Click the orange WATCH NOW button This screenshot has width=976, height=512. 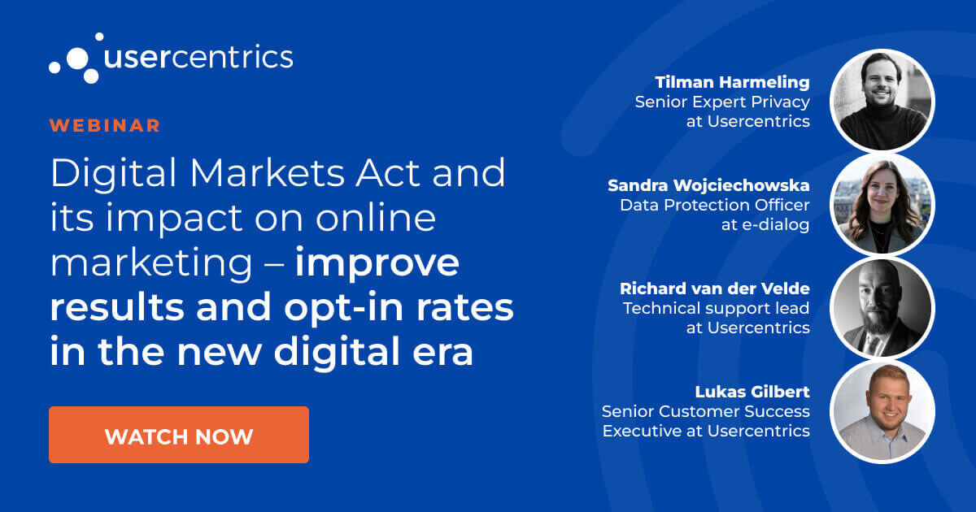[x=178, y=435]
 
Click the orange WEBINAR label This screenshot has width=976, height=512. [x=104, y=126]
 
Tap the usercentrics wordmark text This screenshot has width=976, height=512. [x=198, y=57]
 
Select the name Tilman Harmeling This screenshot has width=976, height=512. [x=732, y=82]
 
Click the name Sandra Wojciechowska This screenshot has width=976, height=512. [x=708, y=185]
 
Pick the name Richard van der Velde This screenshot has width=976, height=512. [x=714, y=289]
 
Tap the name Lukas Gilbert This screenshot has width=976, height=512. [x=752, y=392]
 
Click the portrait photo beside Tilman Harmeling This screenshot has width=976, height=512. [x=882, y=101]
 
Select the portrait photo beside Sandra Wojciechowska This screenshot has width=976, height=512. [x=882, y=204]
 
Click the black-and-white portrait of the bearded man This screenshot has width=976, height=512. [x=882, y=307]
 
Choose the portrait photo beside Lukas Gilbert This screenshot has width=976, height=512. [x=882, y=410]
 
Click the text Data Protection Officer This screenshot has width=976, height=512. [x=714, y=205]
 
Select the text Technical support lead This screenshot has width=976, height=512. [x=716, y=308]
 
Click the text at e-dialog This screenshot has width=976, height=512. [x=765, y=225]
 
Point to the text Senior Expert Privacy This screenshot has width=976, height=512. [x=722, y=102]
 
